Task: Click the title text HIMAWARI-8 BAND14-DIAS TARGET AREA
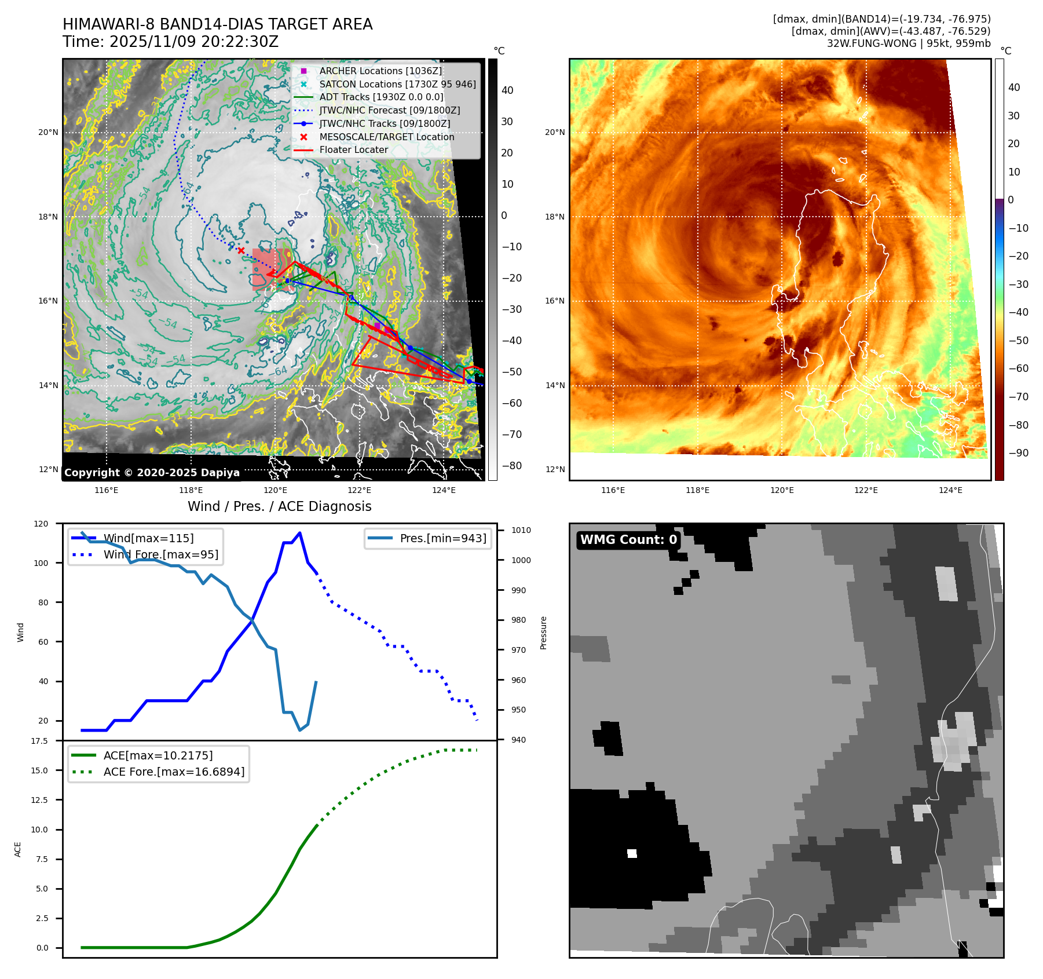click(x=217, y=24)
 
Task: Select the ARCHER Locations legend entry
click(x=380, y=71)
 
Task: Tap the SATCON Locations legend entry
click(x=397, y=84)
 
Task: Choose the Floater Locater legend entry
click(x=353, y=149)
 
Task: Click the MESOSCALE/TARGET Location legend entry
click(x=386, y=137)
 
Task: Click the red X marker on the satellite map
click(x=241, y=250)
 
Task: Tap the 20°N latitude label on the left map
click(x=48, y=132)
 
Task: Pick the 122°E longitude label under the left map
click(x=359, y=490)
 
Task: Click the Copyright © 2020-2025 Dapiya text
click(x=152, y=473)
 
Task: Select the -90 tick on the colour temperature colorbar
click(x=1018, y=453)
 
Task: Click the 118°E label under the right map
click(x=697, y=490)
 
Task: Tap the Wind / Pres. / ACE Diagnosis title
click(x=279, y=506)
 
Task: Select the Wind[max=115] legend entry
click(x=148, y=538)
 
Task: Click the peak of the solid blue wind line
click(x=299, y=533)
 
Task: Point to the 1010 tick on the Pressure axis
click(x=521, y=530)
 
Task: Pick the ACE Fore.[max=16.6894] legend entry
click(x=174, y=772)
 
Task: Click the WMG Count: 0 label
click(x=628, y=540)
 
